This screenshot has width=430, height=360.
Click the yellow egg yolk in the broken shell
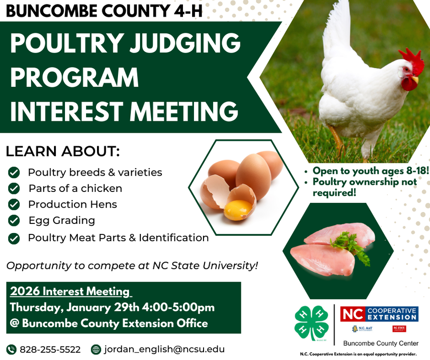237,210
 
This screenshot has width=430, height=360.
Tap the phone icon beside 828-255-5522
11,349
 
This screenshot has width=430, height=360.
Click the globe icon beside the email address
96,349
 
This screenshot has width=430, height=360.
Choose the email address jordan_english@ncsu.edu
164,349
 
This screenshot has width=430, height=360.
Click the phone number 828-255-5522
50,349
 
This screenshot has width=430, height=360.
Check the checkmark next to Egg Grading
14,220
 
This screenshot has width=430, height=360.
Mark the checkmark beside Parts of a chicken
14,188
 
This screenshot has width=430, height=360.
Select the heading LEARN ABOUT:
62,152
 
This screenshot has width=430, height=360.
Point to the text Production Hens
72,204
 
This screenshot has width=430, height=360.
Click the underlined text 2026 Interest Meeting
70,291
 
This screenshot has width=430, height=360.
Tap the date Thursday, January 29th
72,307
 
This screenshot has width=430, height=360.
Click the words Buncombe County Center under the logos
381,343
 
